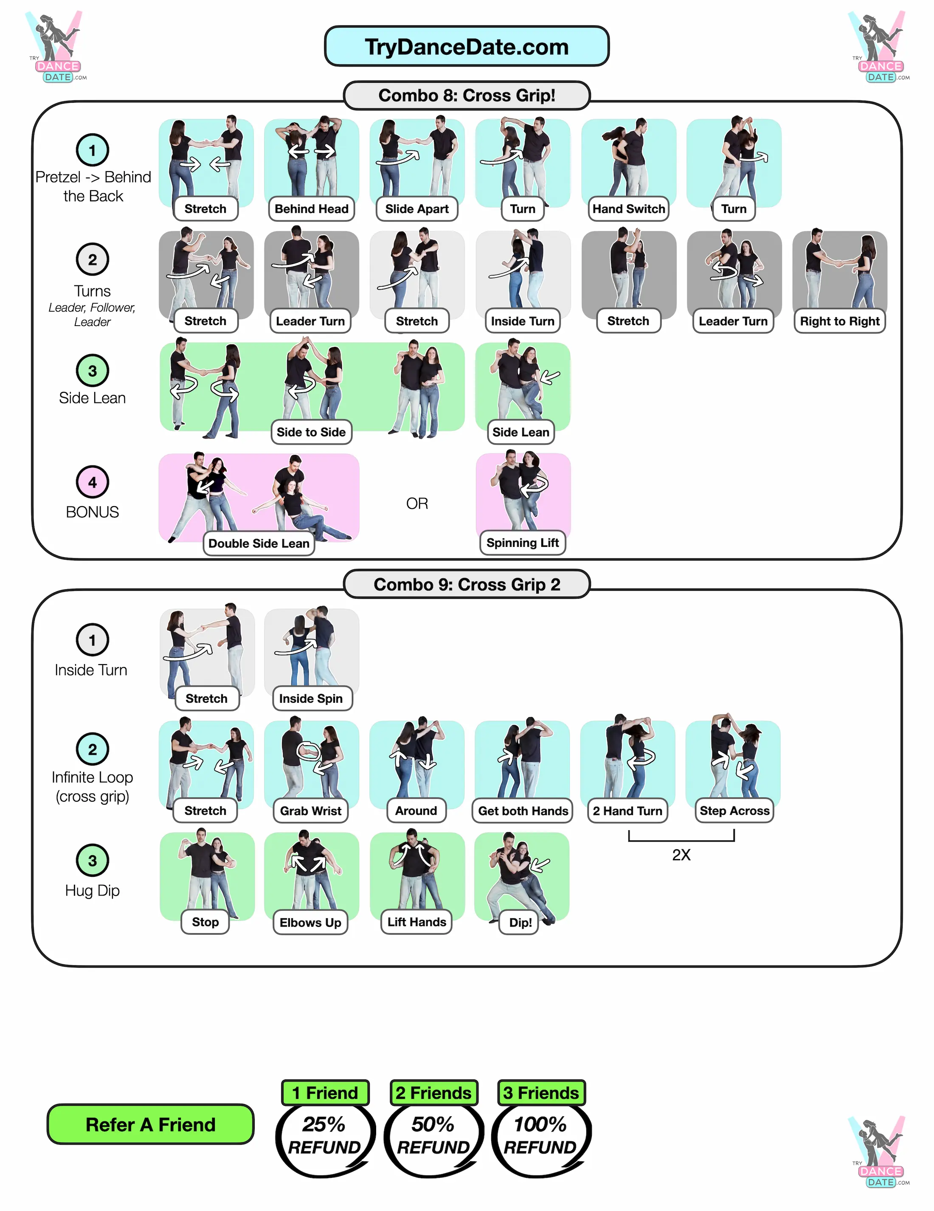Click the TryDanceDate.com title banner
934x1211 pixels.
[466, 47]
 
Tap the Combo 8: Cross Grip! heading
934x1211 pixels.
[466, 96]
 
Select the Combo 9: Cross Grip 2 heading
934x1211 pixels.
[466, 584]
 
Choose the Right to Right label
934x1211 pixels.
[839, 321]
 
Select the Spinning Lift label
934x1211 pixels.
[522, 543]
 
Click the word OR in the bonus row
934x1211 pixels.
[417, 504]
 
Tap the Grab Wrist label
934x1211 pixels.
[310, 811]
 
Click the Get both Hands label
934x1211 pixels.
[523, 811]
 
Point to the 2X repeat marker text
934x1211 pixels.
[681, 855]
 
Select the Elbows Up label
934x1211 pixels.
[310, 923]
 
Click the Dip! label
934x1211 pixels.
[520, 923]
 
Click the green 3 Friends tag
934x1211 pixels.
[540, 1093]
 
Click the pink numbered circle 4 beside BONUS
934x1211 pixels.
[93, 482]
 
